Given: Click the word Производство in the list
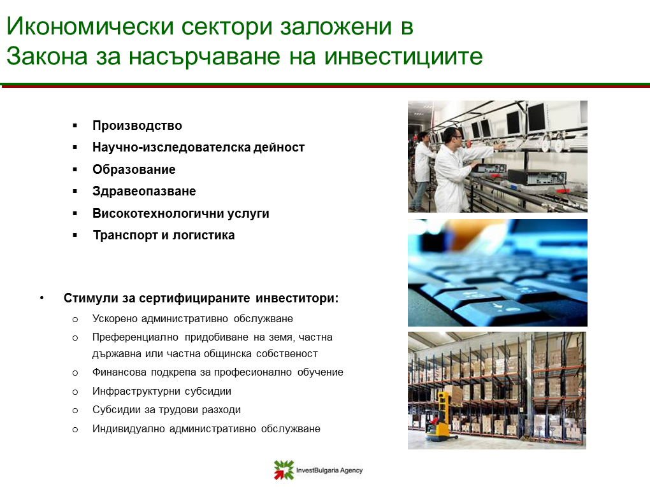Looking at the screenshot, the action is (x=137, y=125).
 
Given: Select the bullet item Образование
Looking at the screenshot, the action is (x=134, y=169).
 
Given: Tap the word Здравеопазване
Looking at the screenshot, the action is (x=144, y=192).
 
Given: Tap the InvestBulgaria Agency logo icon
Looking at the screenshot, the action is (x=284, y=470).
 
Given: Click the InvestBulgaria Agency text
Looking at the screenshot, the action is (x=329, y=470).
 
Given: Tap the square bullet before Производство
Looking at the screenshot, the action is (x=75, y=125).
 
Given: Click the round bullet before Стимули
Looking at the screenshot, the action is (x=42, y=298).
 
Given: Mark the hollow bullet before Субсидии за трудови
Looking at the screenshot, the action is (x=75, y=411).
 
